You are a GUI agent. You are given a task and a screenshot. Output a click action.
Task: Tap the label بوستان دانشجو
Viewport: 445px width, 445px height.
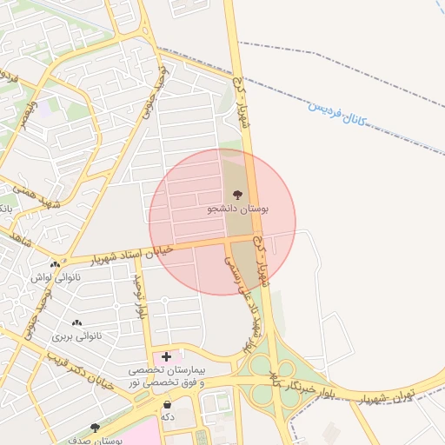pos(237,209)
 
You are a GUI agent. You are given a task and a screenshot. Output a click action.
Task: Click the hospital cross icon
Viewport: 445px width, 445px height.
pos(166,356)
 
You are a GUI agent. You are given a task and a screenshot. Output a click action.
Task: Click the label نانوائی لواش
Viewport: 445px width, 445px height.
pos(55,278)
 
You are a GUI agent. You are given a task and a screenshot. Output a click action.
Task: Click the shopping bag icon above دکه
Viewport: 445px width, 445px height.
pos(167,402)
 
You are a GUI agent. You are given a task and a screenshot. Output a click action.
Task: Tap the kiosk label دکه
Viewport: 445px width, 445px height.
pos(167,416)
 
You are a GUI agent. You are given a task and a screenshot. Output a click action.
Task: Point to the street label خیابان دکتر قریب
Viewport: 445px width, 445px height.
pos(78,370)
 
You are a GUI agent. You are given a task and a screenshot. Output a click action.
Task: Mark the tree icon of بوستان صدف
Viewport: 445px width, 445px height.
pos(95,428)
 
